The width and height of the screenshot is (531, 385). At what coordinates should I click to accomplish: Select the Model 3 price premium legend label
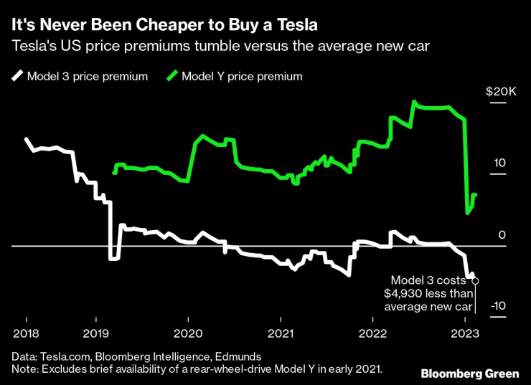point(88,76)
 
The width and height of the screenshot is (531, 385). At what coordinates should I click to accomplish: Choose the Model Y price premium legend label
point(243,76)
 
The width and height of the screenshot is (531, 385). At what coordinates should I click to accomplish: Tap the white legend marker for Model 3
point(17,76)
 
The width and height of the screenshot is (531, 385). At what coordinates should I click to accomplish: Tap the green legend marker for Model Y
point(172,76)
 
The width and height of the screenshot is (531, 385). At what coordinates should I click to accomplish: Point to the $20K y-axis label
point(501,92)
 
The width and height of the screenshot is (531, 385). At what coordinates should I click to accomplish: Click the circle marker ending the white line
point(475,281)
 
